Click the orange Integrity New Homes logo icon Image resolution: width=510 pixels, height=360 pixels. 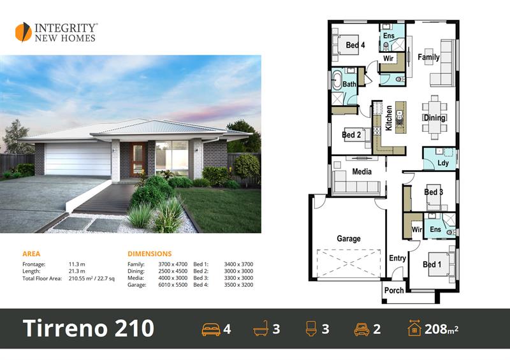[24, 32]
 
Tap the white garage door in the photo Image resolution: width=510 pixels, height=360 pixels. [78, 160]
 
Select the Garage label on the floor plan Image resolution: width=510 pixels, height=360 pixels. [349, 239]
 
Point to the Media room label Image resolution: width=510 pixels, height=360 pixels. [361, 171]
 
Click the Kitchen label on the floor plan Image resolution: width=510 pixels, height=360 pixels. [389, 118]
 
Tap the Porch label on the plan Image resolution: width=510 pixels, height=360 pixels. [394, 290]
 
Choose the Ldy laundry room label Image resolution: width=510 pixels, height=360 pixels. [443, 163]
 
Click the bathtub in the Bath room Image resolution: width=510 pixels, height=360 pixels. [337, 80]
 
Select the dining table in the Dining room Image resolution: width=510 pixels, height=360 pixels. [435, 117]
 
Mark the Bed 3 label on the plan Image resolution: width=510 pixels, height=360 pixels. [433, 192]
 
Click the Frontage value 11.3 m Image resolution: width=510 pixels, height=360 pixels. [76, 264]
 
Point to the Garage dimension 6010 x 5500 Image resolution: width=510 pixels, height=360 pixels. [173, 285]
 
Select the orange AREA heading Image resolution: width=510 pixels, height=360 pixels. [31, 254]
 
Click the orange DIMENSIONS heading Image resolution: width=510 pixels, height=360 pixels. [150, 254]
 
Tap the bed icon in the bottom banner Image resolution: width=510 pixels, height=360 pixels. [211, 329]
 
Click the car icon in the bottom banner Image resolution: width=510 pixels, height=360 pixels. [361, 329]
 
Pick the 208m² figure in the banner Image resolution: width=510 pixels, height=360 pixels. [441, 329]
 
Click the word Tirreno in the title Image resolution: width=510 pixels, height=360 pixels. [66, 328]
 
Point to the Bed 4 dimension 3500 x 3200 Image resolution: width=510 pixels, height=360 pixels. [238, 285]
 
